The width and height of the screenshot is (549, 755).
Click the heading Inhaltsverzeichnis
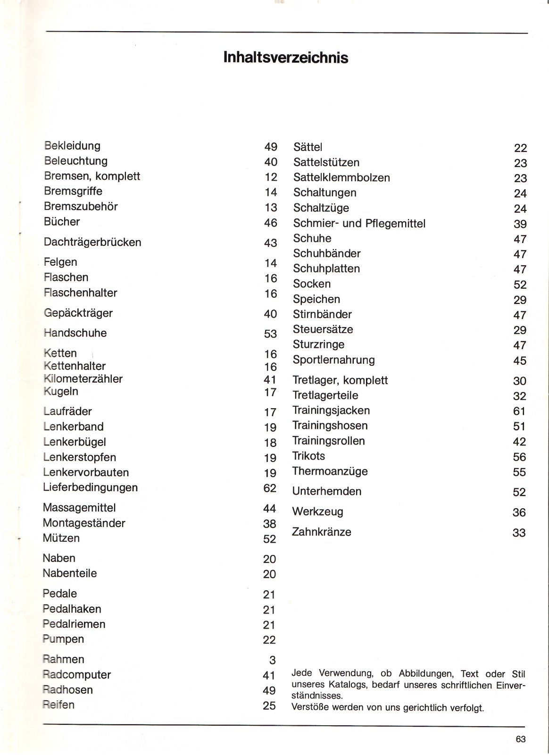(x=286, y=58)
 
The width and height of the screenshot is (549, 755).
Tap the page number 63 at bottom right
(x=520, y=739)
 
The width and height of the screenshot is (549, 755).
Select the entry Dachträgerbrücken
(x=92, y=242)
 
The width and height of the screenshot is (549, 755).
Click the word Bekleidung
(x=72, y=146)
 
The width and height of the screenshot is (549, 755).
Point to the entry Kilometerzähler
(x=83, y=378)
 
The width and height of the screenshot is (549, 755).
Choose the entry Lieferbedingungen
(x=90, y=487)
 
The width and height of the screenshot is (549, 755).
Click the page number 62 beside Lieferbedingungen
(x=270, y=488)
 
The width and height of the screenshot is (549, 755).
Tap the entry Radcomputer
(x=77, y=674)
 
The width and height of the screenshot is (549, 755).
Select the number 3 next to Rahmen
(x=272, y=660)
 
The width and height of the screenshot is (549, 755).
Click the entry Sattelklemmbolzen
(x=341, y=177)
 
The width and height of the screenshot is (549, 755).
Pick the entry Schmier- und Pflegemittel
(x=359, y=223)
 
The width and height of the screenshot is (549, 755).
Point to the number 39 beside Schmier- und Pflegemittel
(x=520, y=224)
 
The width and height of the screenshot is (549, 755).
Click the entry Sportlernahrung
(x=333, y=360)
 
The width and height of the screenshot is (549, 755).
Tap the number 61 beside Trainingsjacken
(x=519, y=411)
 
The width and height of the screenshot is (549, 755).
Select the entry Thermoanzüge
(x=330, y=471)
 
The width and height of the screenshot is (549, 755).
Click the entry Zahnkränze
(x=322, y=532)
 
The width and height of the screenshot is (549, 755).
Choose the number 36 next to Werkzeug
(x=519, y=512)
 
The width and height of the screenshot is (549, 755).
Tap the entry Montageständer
(x=84, y=523)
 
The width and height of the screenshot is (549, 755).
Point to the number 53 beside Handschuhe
(x=270, y=334)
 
